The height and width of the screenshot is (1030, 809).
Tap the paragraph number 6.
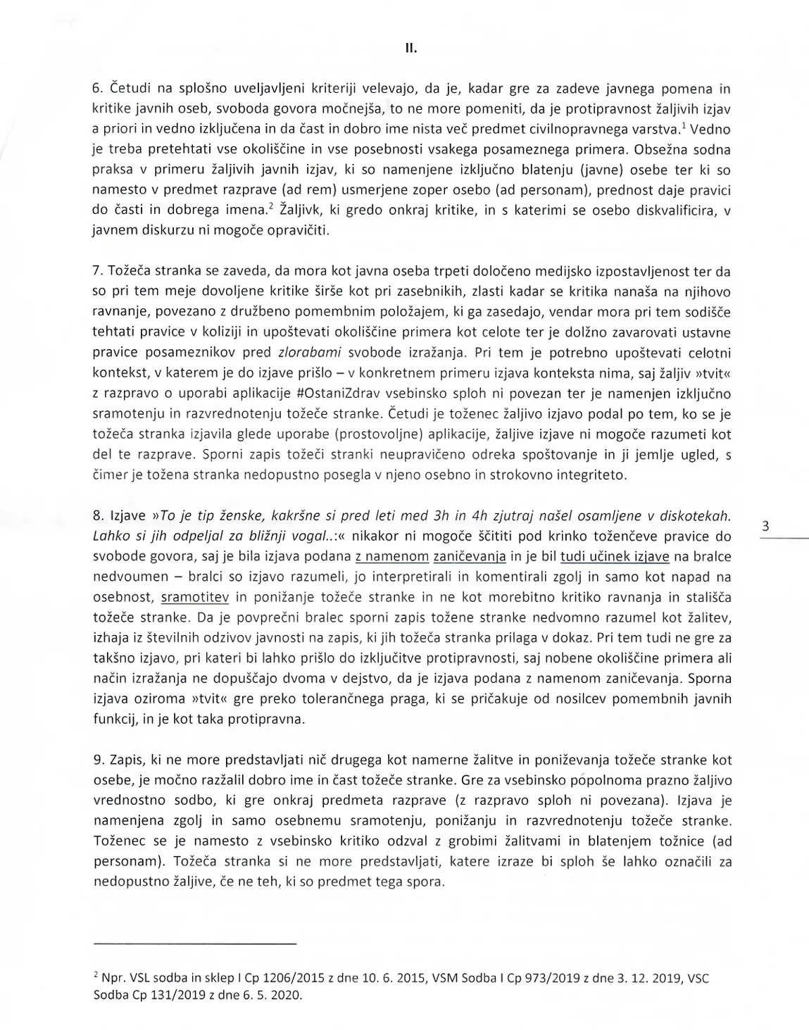pos(98,89)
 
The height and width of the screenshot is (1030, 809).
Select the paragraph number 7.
pos(98,272)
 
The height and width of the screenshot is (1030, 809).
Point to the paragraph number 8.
pos(98,516)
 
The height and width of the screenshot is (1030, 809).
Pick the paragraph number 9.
pos(98,760)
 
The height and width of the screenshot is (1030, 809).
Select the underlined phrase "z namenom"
pos(391,557)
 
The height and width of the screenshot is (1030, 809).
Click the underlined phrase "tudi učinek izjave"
pos(614,557)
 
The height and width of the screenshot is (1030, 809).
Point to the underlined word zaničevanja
pos(470,557)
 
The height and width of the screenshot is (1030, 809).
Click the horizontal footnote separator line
pos(194,943)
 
